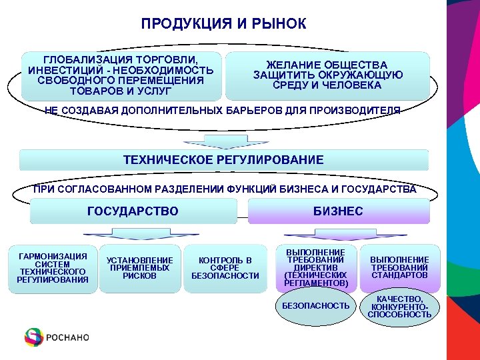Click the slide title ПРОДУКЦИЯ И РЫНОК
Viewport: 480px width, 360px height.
[x=223, y=24]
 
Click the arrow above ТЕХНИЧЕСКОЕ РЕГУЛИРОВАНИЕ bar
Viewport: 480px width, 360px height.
[x=224, y=141]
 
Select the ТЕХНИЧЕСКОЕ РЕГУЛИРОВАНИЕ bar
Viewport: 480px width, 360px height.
[x=224, y=160]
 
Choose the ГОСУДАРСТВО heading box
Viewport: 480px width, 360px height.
[x=133, y=211]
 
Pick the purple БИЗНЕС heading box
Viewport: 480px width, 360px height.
[x=339, y=211]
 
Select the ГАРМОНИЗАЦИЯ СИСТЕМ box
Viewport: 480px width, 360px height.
[x=53, y=268]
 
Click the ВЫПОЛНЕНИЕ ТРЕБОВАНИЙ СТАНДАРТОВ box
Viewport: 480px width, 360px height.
[x=399, y=267]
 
